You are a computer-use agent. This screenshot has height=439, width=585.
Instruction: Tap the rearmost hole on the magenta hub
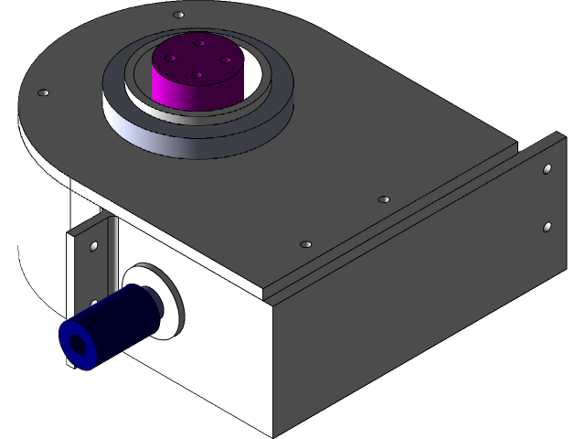pos(199,42)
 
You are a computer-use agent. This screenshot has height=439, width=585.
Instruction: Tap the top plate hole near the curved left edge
pos(42,93)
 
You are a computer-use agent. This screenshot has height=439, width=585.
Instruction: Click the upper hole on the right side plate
pos(547,169)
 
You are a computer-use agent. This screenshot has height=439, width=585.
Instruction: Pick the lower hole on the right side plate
pos(547,226)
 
